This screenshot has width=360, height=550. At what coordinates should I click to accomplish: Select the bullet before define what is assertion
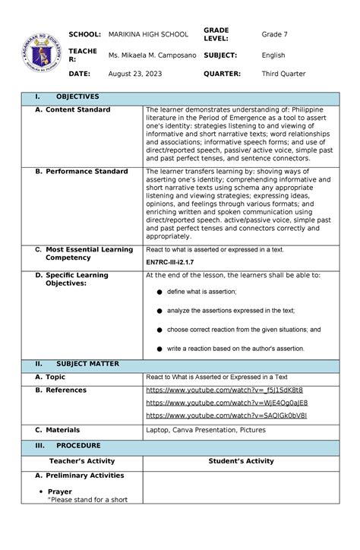(x=159, y=292)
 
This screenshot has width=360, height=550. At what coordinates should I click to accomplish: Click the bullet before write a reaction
(x=159, y=349)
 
